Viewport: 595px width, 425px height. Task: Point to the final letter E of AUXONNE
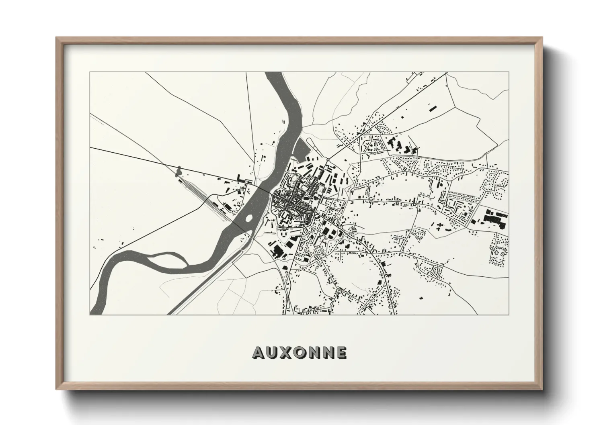[341, 352]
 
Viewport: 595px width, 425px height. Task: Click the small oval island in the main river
[248, 219]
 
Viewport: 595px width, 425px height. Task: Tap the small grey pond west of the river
[178, 172]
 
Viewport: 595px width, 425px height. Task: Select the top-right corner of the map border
[509, 72]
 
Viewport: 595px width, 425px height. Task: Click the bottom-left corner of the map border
[90, 315]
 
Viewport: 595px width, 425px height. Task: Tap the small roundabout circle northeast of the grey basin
[328, 160]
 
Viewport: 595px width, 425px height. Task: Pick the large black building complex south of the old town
[277, 251]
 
